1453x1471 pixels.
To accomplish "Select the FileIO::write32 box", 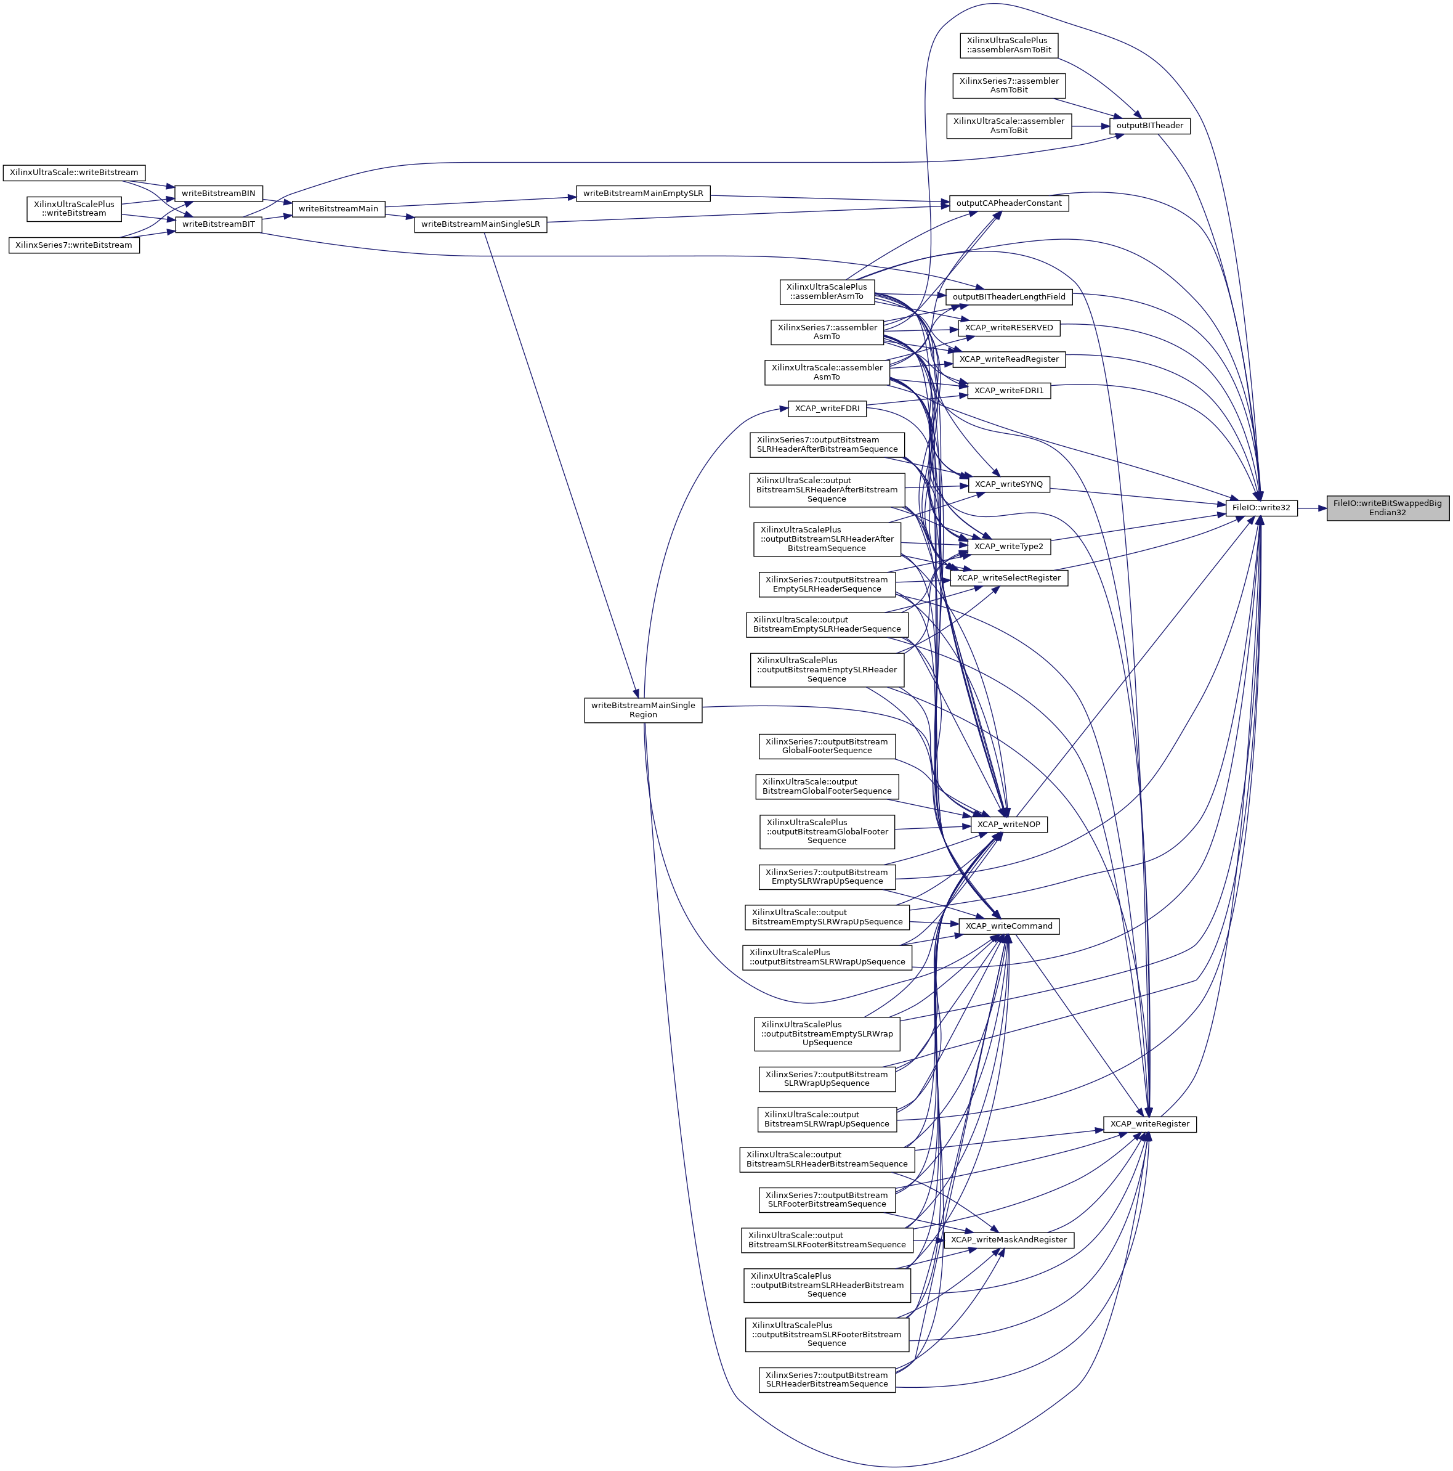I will pyautogui.click(x=1260, y=508).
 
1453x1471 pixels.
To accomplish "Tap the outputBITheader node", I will pyautogui.click(x=1149, y=126).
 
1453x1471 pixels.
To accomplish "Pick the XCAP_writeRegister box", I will pyautogui.click(x=1149, y=1124).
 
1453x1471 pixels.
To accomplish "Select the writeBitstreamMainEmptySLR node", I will pyautogui.click(x=643, y=194).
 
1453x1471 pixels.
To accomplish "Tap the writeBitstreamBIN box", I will pyautogui.click(x=219, y=194).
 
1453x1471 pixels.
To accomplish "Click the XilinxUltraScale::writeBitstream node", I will pyautogui.click(x=74, y=173).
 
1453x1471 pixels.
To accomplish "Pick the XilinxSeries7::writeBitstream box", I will pyautogui.click(x=74, y=245).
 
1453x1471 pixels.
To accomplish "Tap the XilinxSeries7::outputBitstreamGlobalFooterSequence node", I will pyautogui.click(x=827, y=746).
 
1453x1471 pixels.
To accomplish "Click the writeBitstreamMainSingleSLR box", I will pyautogui.click(x=480, y=224).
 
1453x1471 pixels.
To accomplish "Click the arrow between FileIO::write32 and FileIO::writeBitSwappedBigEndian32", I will pyautogui.click(x=1312, y=508).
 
